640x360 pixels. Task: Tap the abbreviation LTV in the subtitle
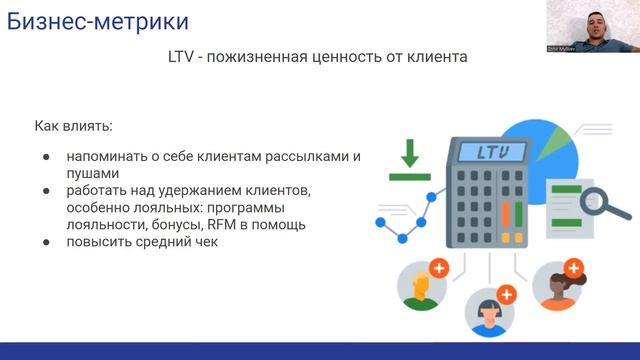(186, 58)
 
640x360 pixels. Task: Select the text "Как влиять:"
(74, 127)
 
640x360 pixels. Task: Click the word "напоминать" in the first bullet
(106, 158)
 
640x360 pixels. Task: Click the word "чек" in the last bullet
(203, 242)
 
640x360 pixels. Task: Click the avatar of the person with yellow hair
(422, 286)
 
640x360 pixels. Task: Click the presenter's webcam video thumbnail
(592, 26)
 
